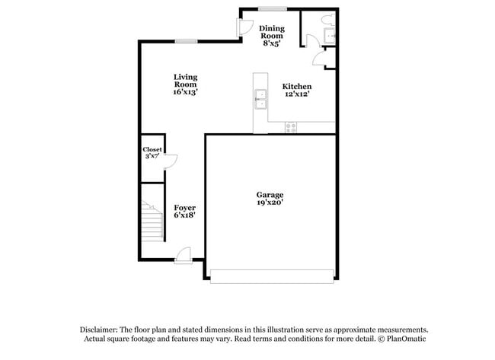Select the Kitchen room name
[x=298, y=87]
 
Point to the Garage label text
[x=270, y=196]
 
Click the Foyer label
[x=184, y=208]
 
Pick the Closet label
[x=152, y=150]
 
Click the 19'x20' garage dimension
[x=270, y=204]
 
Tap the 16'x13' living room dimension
[x=185, y=91]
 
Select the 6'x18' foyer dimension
[x=184, y=216]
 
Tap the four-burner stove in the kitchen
[x=290, y=128]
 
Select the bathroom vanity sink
[x=330, y=35]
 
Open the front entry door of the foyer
[x=184, y=255]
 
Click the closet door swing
[x=171, y=160]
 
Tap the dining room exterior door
[x=246, y=26]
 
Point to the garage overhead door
[x=271, y=276]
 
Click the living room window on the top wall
[x=186, y=40]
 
